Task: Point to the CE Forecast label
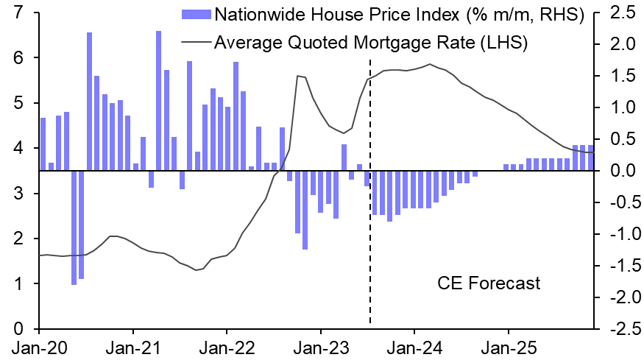(x=489, y=283)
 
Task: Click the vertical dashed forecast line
(x=369, y=221)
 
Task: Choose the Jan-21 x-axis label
(x=132, y=344)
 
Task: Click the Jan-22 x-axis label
(x=227, y=344)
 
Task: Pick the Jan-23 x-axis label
(x=320, y=344)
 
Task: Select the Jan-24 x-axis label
(x=414, y=344)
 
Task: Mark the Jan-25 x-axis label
(x=507, y=344)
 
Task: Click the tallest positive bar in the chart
(x=159, y=101)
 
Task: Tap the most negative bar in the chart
(x=74, y=227)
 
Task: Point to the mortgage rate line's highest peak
(x=431, y=64)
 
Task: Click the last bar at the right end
(x=590, y=158)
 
